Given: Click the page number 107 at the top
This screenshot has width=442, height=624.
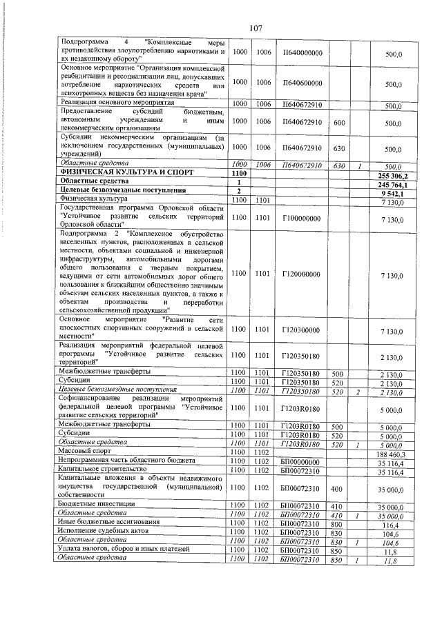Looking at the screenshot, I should click(255, 28).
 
